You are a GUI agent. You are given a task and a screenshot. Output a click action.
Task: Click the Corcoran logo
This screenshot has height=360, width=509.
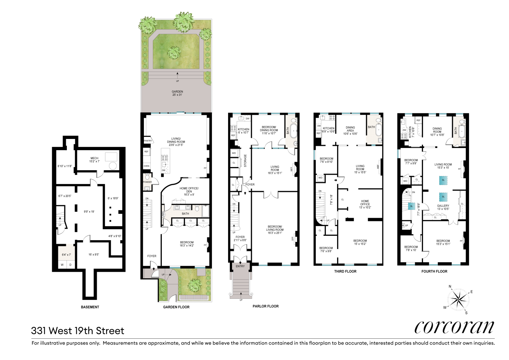[454, 327]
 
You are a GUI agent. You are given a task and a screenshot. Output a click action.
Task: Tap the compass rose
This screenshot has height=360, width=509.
[458, 299]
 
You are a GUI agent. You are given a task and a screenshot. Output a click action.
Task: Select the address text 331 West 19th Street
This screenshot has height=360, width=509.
[77, 330]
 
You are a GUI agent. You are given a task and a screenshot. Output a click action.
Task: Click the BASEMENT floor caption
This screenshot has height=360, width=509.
[90, 307]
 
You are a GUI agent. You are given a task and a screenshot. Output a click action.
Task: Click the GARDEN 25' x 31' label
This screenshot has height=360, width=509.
[177, 93]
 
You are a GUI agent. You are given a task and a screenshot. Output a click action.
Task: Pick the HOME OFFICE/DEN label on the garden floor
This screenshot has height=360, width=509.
[189, 190]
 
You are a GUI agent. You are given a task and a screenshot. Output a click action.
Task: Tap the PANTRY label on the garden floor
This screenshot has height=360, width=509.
[148, 141]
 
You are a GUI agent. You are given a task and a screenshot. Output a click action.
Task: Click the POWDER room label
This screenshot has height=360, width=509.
[147, 182]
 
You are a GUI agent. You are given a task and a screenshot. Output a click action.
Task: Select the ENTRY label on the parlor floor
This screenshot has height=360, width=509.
[240, 266]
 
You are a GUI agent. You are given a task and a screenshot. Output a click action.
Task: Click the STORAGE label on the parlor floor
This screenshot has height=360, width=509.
[245, 161]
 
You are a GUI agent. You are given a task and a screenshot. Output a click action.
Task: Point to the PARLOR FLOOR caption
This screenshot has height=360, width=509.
[265, 306]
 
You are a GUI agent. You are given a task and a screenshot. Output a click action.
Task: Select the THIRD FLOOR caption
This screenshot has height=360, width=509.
[345, 271]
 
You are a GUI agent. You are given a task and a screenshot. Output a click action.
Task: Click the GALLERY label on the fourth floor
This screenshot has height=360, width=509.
[443, 207]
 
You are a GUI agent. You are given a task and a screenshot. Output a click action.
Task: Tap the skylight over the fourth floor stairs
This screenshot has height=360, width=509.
[412, 206]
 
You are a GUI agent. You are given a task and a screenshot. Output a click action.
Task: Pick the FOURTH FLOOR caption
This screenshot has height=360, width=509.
[434, 271]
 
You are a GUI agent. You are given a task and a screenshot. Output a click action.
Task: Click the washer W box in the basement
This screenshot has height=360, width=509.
[62, 265]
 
